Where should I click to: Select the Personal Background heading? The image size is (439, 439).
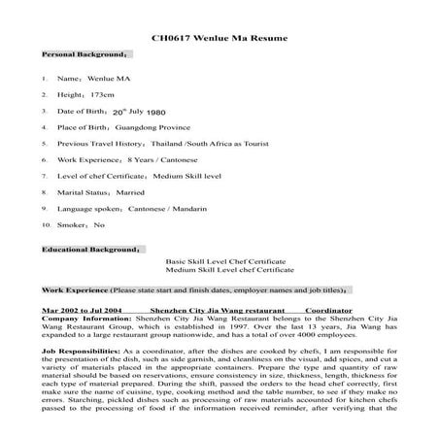[79, 56]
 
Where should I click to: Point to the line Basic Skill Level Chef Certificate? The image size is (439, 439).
[225, 262]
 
